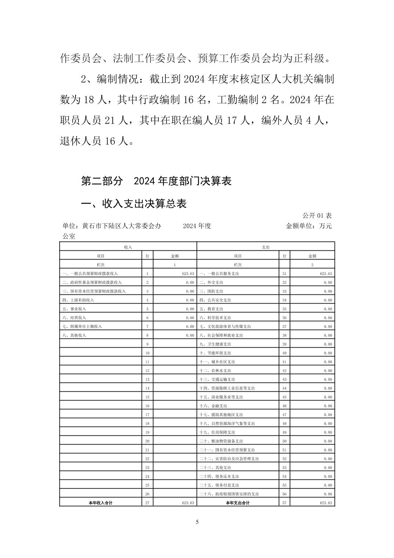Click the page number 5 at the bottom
(x=197, y=522)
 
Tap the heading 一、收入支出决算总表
(x=134, y=204)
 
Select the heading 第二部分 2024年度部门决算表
(x=156, y=181)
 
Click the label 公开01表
(x=317, y=215)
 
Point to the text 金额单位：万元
(x=309, y=226)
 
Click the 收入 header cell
(x=128, y=247)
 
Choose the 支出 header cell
(x=266, y=247)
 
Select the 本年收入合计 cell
(x=101, y=503)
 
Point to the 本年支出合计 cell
(x=237, y=503)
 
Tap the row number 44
(x=284, y=388)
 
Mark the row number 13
(x=147, y=379)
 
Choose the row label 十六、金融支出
(x=213, y=406)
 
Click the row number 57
(x=284, y=503)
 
